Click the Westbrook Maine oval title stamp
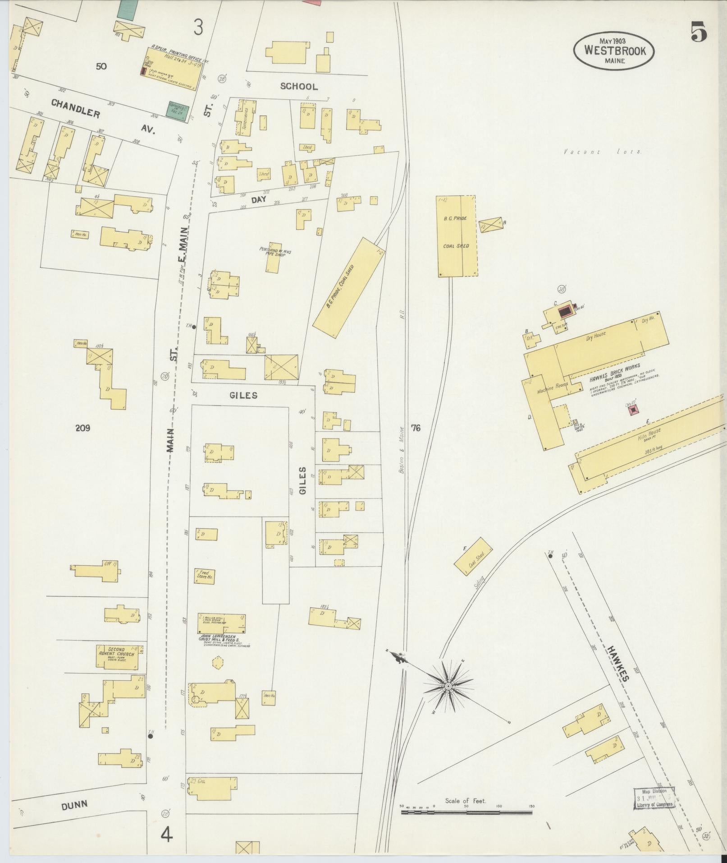coord(614,51)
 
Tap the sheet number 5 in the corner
coord(698,32)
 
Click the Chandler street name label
coord(75,109)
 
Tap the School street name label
coord(298,86)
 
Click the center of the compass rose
coord(448,699)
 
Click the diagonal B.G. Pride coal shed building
coord(347,287)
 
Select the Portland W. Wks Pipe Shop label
coord(275,251)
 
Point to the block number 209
coord(82,428)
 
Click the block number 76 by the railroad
coord(415,428)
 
